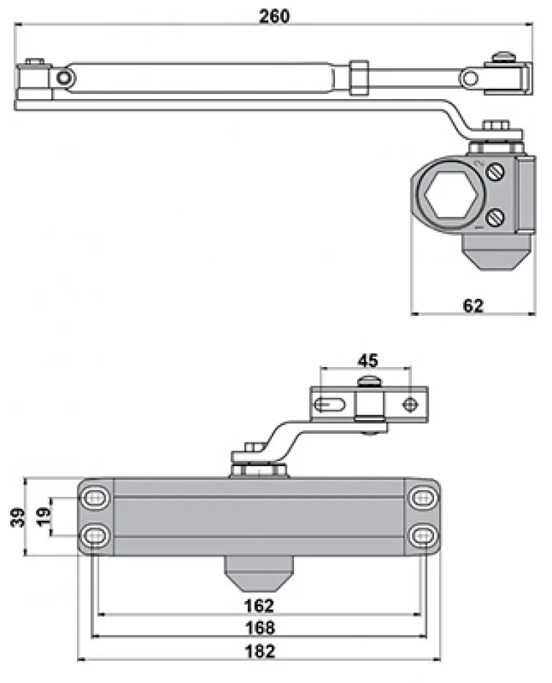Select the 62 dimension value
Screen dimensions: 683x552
[x=472, y=305]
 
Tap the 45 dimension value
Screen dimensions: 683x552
[x=367, y=359]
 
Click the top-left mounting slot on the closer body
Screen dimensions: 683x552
[x=95, y=498]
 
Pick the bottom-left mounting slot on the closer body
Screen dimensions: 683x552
[x=95, y=535]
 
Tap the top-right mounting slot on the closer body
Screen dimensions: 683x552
[x=422, y=498]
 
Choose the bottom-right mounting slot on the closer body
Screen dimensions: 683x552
[x=422, y=535]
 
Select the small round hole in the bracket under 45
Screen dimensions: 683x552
[x=410, y=405]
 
